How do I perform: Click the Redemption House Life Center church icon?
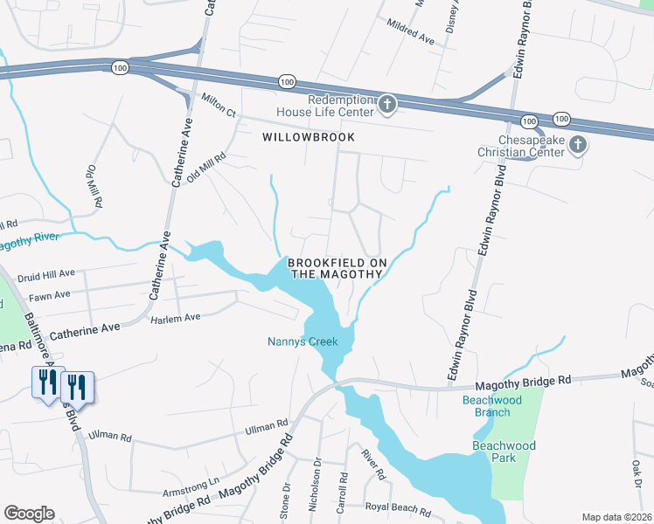(387, 107)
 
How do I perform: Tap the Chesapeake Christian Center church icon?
(576, 145)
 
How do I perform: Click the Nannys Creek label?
(303, 341)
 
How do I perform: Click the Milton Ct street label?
(219, 106)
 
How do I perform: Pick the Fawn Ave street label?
(49, 295)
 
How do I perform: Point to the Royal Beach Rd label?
(399, 509)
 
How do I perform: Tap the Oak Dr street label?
(637, 472)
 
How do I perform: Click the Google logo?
(29, 514)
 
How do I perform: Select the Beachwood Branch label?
(492, 405)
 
